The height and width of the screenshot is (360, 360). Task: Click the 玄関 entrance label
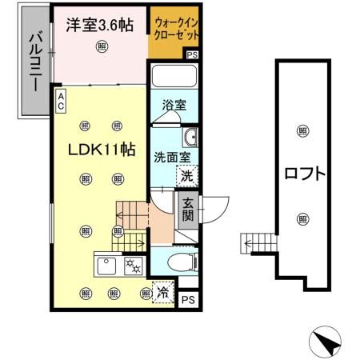tap(186, 210)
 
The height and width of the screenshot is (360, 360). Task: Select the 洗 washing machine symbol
tap(186, 176)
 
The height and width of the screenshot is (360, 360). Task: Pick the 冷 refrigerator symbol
tap(161, 295)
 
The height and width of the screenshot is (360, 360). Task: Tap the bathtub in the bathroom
tap(174, 78)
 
